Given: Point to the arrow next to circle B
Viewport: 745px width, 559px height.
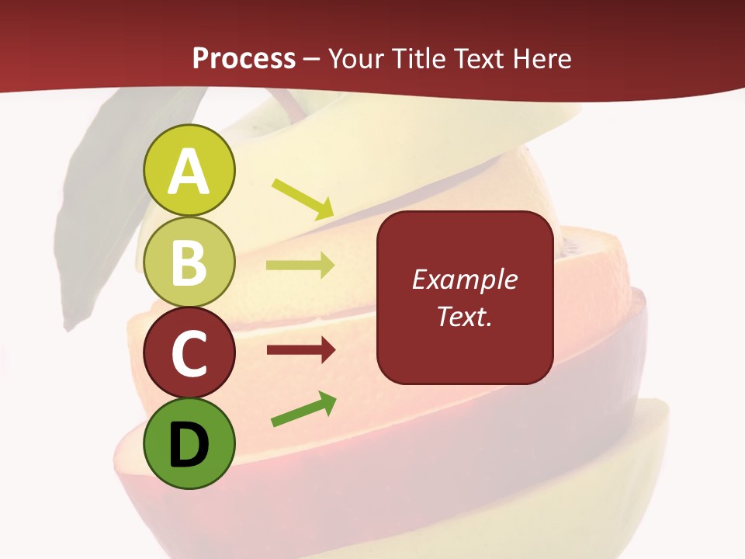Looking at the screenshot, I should [300, 266].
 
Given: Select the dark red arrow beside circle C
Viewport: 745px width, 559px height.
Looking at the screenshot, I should [300, 351].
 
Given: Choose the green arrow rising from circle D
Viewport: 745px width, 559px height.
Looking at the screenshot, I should [303, 410].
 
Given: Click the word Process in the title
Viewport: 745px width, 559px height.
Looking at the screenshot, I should [244, 58].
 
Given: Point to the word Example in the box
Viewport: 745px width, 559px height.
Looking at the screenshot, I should [464, 279].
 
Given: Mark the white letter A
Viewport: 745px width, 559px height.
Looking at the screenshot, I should [189, 172].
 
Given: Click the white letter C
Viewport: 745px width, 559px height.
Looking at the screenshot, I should [189, 353].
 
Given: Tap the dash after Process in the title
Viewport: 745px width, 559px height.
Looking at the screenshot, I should [312, 60].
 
